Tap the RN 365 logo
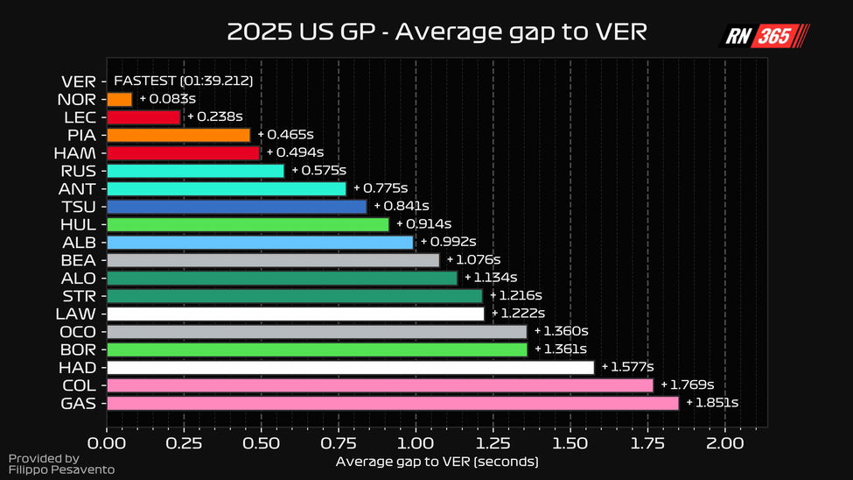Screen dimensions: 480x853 (764, 36)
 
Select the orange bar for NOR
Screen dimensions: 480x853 (119, 99)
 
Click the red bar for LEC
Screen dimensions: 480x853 (143, 116)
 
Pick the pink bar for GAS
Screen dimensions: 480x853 (392, 403)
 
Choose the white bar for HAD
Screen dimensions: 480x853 (350, 367)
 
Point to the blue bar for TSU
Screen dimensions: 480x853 (236, 207)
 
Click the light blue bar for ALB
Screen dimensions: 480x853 (260, 243)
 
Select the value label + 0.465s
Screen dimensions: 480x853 (285, 135)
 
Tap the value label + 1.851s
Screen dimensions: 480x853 (712, 403)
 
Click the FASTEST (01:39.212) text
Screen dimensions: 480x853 (184, 81)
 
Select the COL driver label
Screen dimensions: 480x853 (80, 385)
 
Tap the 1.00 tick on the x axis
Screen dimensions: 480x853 (416, 442)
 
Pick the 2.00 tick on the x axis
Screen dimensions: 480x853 (724, 442)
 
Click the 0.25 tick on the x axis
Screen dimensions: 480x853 (184, 442)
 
